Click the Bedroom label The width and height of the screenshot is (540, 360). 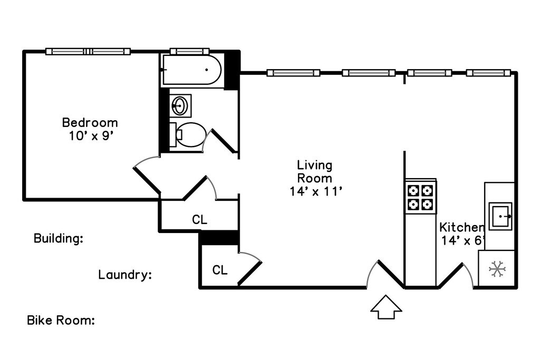[x=90, y=123]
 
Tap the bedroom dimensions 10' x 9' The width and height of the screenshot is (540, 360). [x=90, y=135]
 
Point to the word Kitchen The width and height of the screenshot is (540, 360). [x=462, y=228]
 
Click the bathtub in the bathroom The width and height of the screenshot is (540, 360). [x=192, y=71]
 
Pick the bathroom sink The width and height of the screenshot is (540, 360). [x=180, y=105]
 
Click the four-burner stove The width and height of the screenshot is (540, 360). [x=421, y=196]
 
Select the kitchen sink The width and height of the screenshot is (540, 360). [x=500, y=216]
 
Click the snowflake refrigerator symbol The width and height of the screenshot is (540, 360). [x=497, y=269]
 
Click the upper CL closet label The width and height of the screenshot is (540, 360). [x=199, y=220]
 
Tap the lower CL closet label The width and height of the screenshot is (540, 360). [x=220, y=270]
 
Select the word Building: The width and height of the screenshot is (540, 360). [x=59, y=238]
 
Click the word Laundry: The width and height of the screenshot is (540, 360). [x=125, y=275]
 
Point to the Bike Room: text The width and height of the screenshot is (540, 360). [x=61, y=320]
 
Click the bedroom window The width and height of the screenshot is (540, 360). [x=88, y=52]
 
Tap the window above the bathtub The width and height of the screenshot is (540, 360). [x=190, y=52]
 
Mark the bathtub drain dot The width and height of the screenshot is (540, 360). [x=206, y=70]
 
